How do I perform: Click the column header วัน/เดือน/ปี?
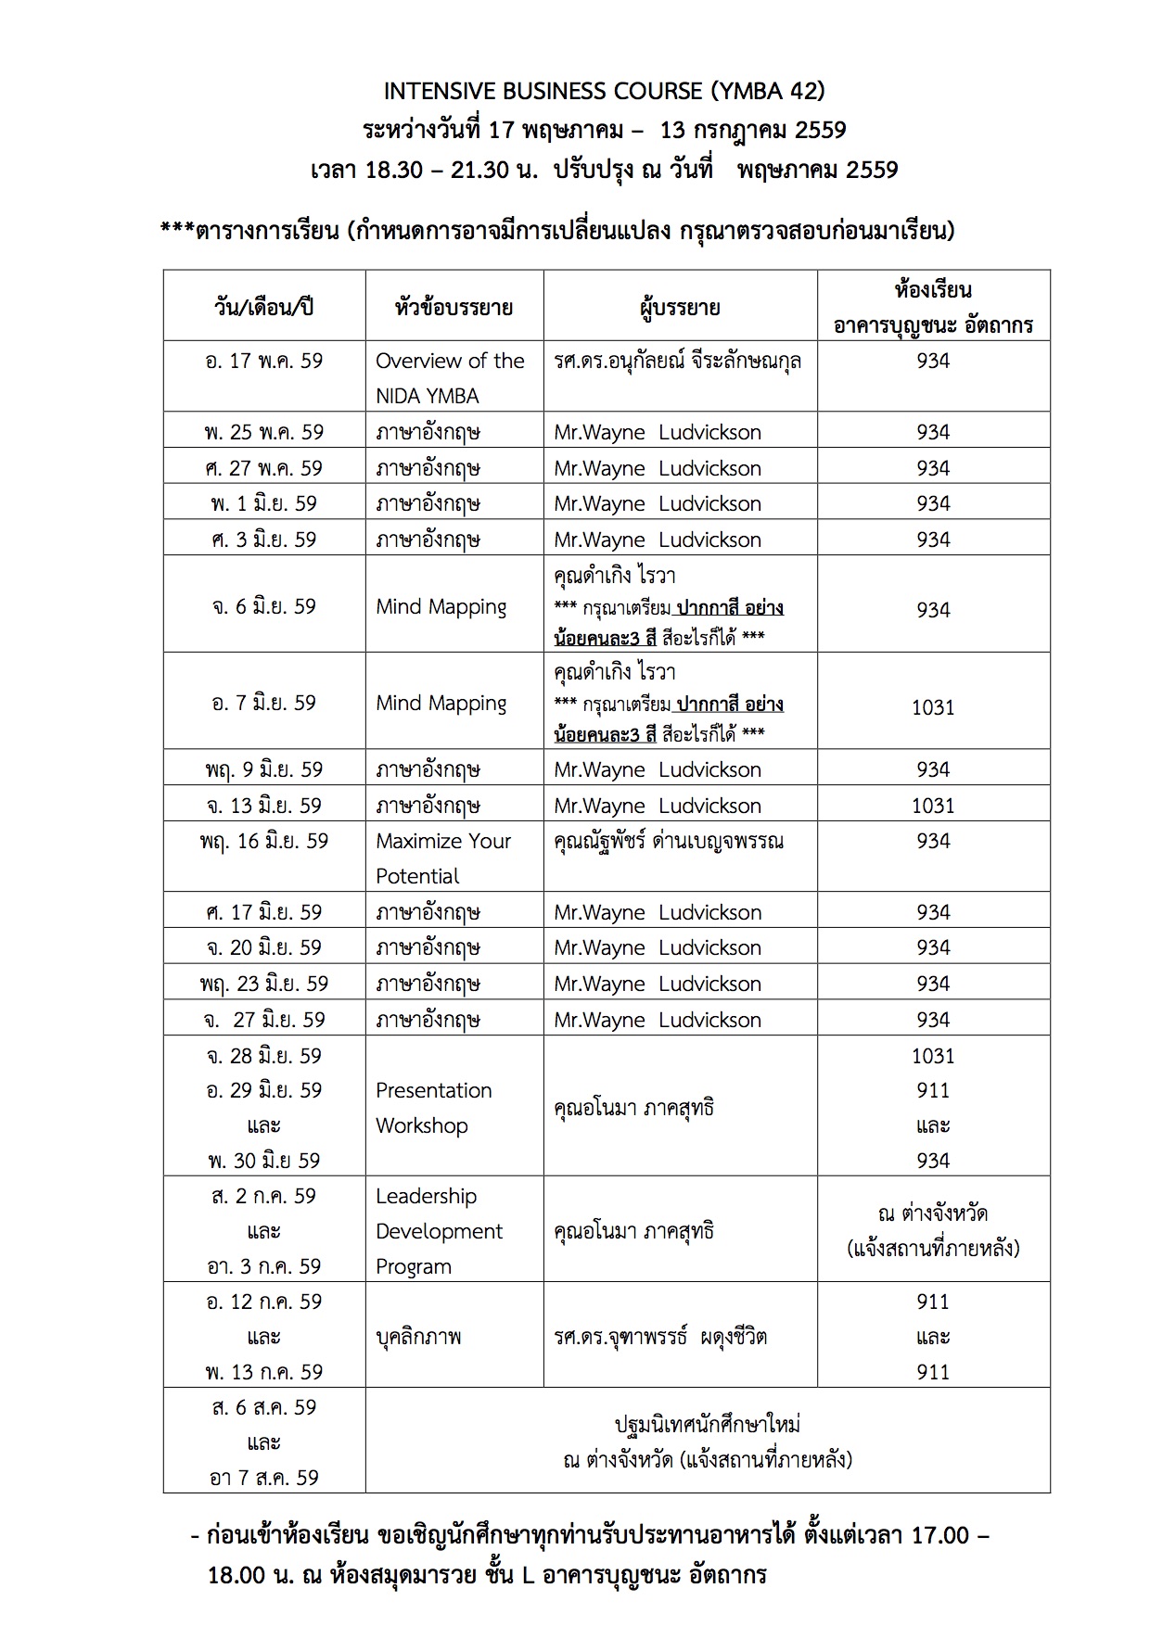click(x=264, y=307)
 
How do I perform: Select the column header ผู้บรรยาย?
click(x=680, y=307)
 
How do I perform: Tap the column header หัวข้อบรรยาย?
click(x=454, y=307)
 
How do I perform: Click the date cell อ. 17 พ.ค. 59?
click(x=264, y=361)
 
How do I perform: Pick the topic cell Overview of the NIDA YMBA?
click(x=450, y=377)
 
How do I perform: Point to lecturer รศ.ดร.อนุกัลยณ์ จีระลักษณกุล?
click(x=678, y=361)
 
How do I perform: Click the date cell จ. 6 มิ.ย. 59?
click(x=264, y=606)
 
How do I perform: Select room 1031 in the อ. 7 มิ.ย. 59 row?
click(x=933, y=707)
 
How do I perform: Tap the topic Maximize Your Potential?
click(x=443, y=857)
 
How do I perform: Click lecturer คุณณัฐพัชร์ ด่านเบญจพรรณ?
click(x=669, y=842)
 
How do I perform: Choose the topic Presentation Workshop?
click(x=433, y=1107)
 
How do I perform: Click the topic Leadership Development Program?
click(x=439, y=1231)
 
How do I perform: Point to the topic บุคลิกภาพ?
click(x=418, y=1337)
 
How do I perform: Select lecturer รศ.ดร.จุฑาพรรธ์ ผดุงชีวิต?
click(x=660, y=1337)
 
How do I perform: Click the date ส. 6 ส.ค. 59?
click(x=264, y=1407)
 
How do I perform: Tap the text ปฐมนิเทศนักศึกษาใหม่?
click(x=708, y=1424)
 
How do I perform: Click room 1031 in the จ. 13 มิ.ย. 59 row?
click(x=933, y=806)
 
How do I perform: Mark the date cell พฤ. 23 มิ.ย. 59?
click(x=264, y=984)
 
